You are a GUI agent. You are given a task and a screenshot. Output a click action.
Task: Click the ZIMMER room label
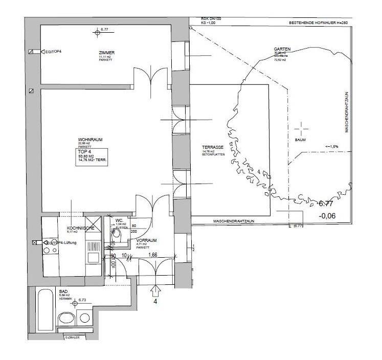107,53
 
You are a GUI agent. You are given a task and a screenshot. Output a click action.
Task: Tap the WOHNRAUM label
88,140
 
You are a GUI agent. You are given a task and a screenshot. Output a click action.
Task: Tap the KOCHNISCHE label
79,228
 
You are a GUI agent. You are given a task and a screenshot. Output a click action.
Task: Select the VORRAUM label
146,240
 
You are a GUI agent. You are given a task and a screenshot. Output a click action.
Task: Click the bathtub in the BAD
44,310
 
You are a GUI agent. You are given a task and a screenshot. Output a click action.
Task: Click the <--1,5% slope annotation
332,147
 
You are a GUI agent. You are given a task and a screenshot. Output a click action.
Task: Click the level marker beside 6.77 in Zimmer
98,34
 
